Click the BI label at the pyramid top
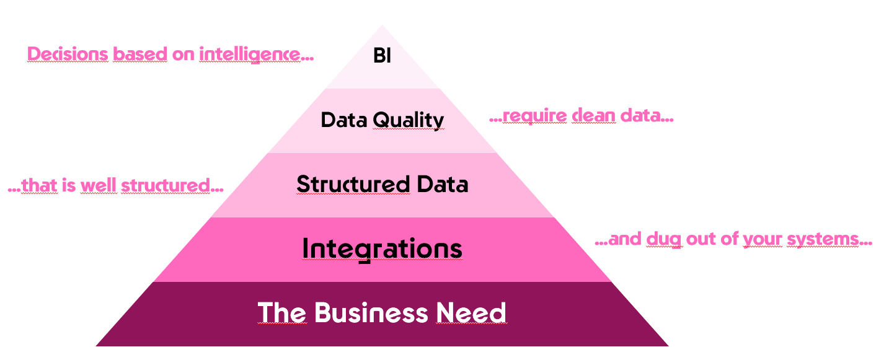pos(383,56)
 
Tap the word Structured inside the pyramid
pos(353,185)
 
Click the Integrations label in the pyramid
pos(382,249)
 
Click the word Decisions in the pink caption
pos(68,55)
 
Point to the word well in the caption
pos(98,185)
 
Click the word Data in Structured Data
pos(441,185)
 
